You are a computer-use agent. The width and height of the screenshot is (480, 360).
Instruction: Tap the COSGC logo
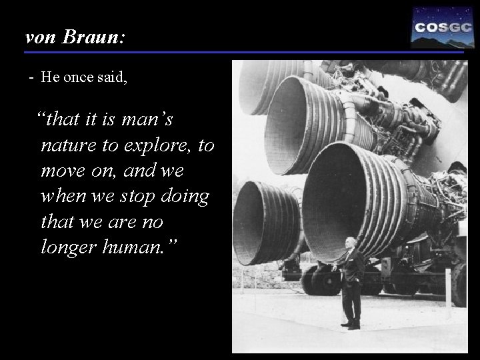438,27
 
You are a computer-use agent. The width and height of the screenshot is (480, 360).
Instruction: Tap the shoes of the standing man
351,325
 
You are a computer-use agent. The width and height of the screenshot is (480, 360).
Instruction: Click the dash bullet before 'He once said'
31,77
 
